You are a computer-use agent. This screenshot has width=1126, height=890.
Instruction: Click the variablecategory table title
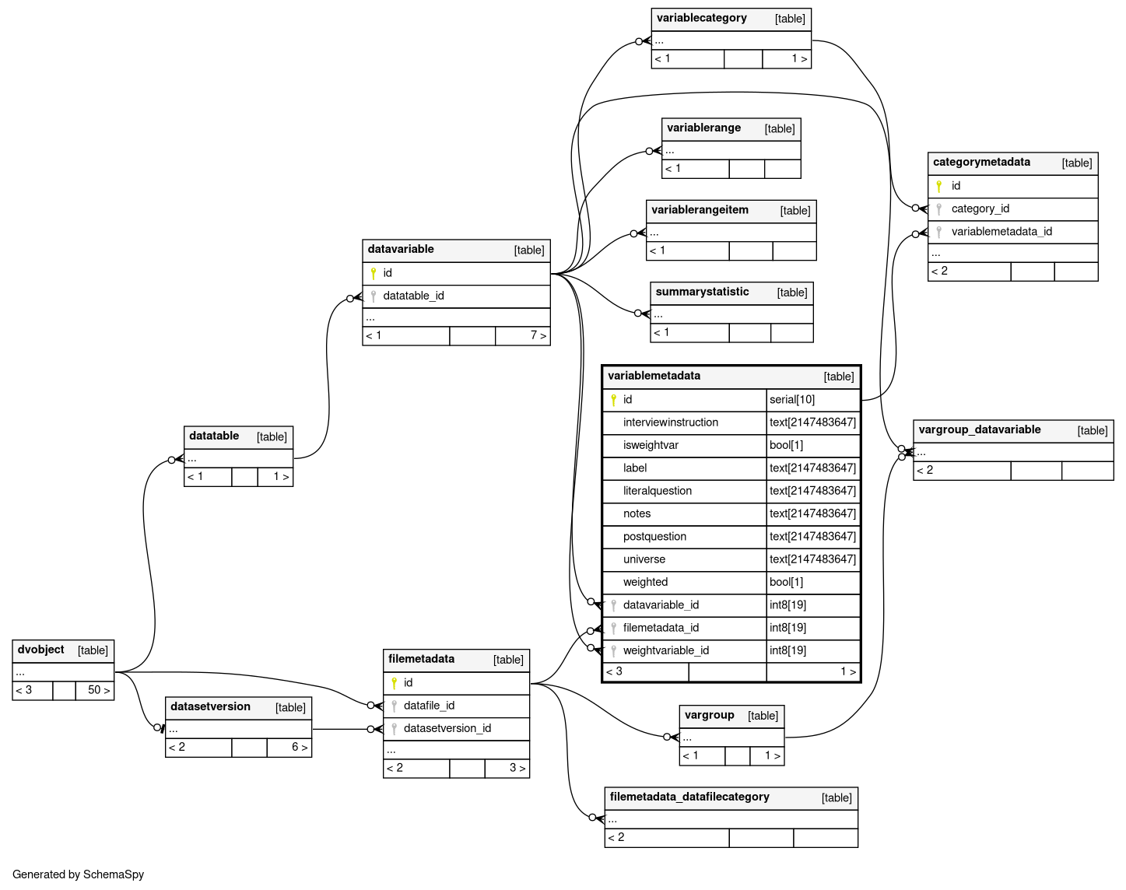[701, 19]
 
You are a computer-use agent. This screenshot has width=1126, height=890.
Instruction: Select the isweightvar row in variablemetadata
[651, 445]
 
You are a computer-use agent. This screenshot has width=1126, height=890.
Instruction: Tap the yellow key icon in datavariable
[374, 273]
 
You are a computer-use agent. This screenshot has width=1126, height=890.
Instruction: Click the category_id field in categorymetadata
[980, 208]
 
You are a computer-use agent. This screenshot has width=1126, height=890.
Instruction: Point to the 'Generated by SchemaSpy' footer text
[78, 874]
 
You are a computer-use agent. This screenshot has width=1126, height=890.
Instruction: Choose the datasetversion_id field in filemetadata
[447, 728]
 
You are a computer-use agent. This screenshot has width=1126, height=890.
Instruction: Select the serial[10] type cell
[792, 400]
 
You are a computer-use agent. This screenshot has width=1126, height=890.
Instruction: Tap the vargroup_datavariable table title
[979, 430]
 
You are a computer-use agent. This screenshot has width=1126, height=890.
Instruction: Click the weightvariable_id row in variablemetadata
[665, 650]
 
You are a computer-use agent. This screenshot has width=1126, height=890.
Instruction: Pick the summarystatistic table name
[702, 293]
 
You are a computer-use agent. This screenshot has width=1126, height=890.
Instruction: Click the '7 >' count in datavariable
[538, 335]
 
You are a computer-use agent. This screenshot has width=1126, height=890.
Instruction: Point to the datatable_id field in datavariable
[413, 296]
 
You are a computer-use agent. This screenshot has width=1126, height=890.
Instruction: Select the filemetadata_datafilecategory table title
[689, 797]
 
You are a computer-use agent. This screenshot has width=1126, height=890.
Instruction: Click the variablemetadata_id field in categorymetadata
[1001, 231]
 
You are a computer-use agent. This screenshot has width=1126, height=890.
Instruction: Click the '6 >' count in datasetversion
[299, 747]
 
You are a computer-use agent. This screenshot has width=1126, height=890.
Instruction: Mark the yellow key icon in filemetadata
[395, 683]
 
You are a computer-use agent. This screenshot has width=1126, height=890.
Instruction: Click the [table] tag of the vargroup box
[763, 716]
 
